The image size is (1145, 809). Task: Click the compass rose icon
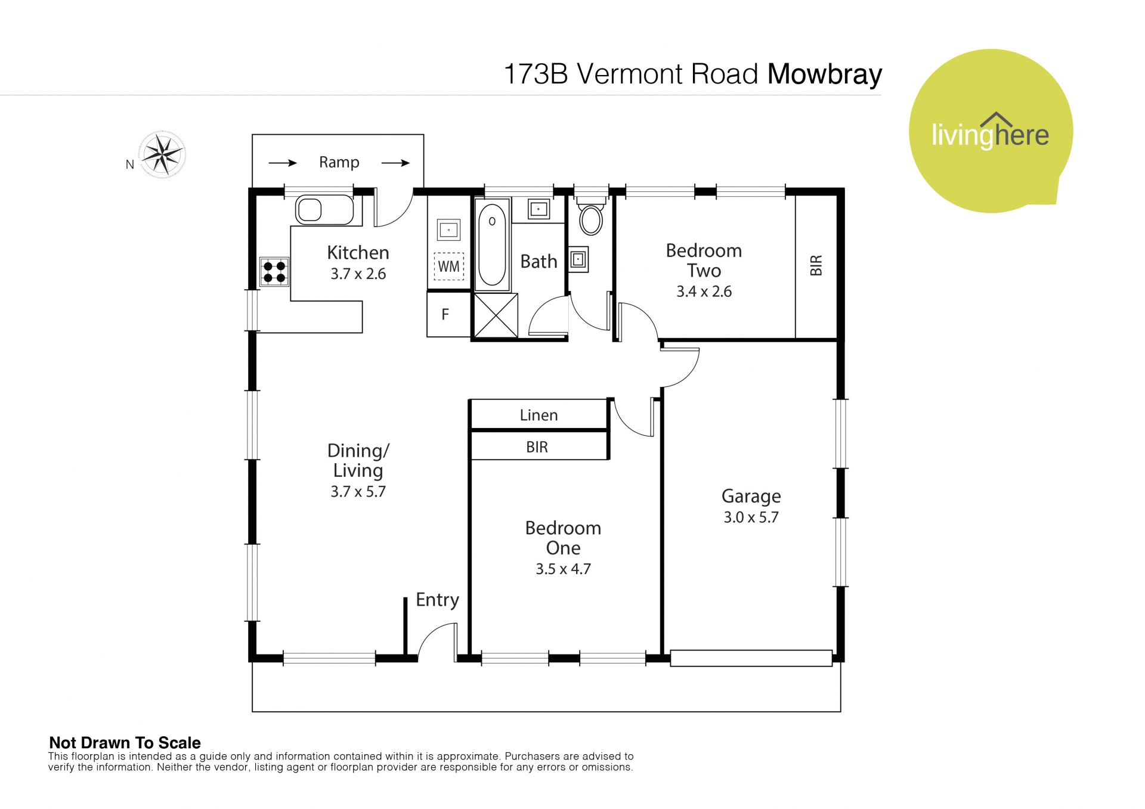pos(162,154)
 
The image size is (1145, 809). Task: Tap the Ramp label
pos(339,163)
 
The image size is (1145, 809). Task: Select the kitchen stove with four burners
pos(274,272)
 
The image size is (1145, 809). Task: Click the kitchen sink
pos(324,210)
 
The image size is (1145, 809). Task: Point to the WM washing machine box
pos(448,266)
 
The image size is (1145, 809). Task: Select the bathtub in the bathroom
pos(492,244)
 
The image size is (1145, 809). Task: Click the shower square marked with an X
pos(496,316)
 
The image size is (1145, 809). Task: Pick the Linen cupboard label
pos(539,415)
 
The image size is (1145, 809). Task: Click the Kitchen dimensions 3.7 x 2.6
pos(358,274)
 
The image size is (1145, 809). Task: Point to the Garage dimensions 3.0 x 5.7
pos(751,517)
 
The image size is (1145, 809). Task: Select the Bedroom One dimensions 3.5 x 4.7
pos(563,569)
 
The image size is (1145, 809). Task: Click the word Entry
pos(437,600)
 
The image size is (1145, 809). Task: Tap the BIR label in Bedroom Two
pos(816,265)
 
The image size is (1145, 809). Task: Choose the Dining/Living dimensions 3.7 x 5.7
pos(358,492)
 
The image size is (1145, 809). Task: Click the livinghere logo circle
pos(991,131)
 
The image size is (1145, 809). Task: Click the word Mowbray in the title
pos(825,75)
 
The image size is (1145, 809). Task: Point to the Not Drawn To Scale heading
pos(125,743)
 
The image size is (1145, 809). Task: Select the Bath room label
pos(539,262)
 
